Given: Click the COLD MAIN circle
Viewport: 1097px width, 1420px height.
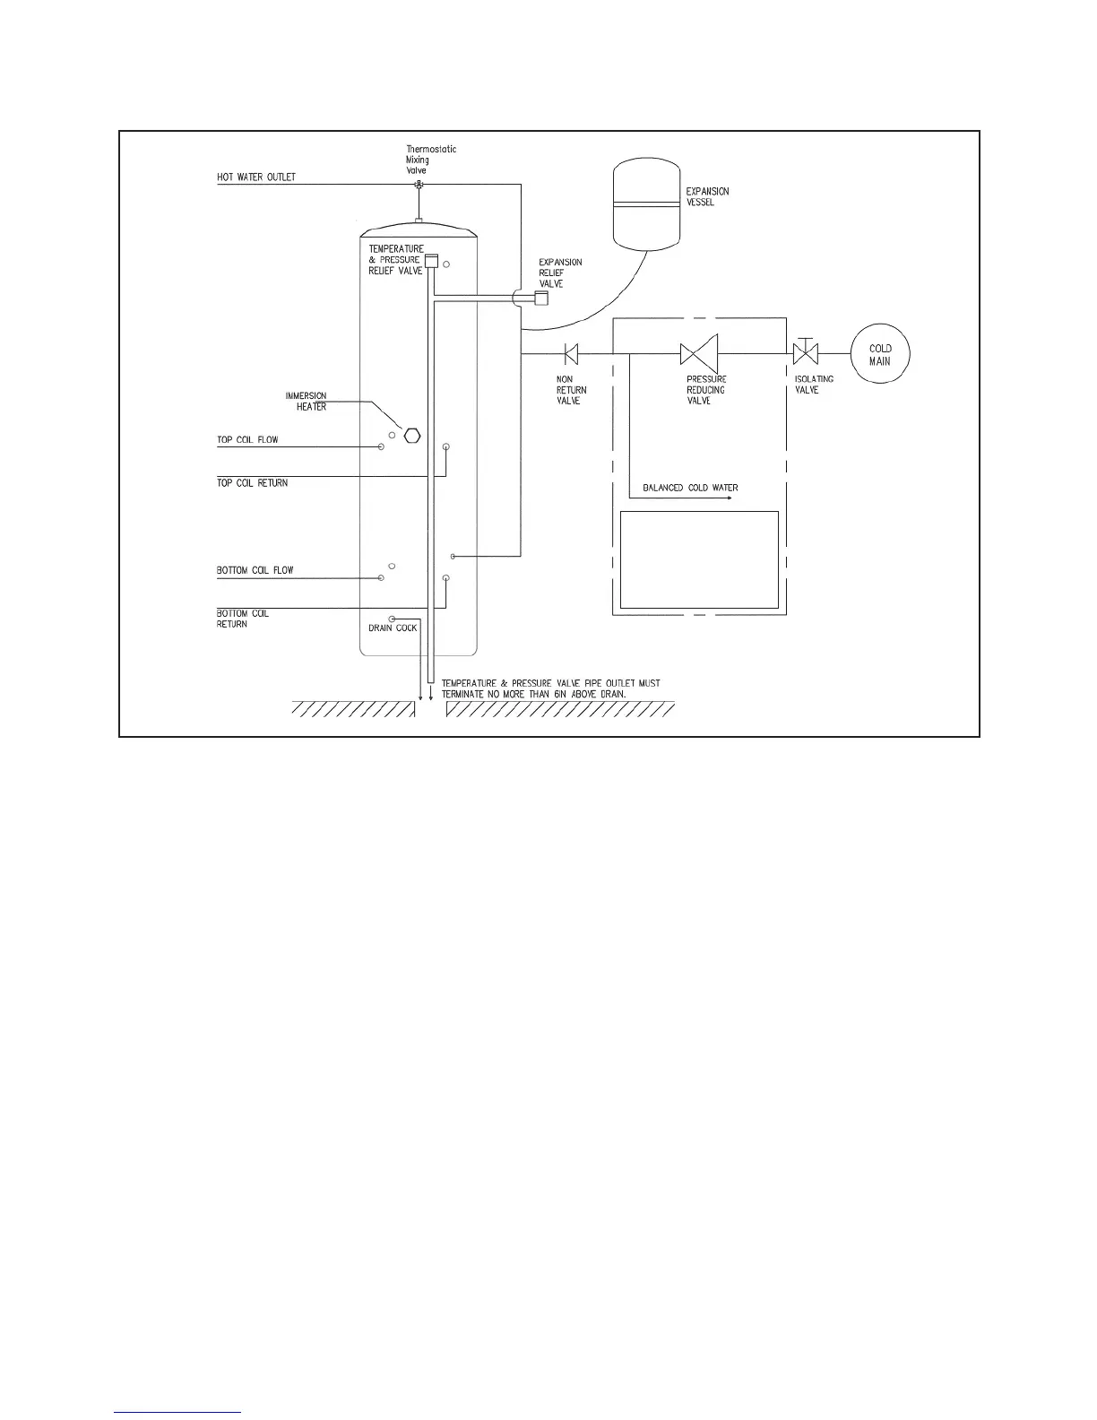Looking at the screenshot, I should pyautogui.click(x=879, y=355).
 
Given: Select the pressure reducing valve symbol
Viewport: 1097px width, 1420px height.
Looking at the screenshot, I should pyautogui.click(x=699, y=353).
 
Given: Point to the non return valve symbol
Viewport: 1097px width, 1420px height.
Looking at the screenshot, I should pyautogui.click(x=571, y=353).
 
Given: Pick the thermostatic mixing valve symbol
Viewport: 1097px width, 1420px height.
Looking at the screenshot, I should pyautogui.click(x=419, y=185).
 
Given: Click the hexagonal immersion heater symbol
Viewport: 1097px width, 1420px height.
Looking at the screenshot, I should pyautogui.click(x=411, y=436).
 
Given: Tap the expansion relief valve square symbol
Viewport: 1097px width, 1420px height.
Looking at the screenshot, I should pyautogui.click(x=541, y=299).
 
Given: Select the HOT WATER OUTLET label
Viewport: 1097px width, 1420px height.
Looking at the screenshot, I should pyautogui.click(x=256, y=177).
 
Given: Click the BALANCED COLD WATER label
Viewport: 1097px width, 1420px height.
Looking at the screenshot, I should pyautogui.click(x=690, y=489).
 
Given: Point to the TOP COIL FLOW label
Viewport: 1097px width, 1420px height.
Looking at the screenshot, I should pyautogui.click(x=247, y=440).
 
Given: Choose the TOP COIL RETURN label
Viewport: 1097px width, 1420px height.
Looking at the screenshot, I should pyautogui.click(x=253, y=483).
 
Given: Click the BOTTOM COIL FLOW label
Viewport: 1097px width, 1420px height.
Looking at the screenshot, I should pyautogui.click(x=255, y=570).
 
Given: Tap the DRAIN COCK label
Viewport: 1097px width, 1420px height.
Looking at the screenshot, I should pyautogui.click(x=393, y=628).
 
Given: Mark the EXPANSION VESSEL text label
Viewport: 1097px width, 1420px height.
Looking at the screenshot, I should pyautogui.click(x=707, y=197).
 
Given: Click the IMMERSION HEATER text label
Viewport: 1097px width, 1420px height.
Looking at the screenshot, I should pyautogui.click(x=307, y=402).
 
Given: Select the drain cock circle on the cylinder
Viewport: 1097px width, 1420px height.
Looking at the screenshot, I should pyautogui.click(x=393, y=619).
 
